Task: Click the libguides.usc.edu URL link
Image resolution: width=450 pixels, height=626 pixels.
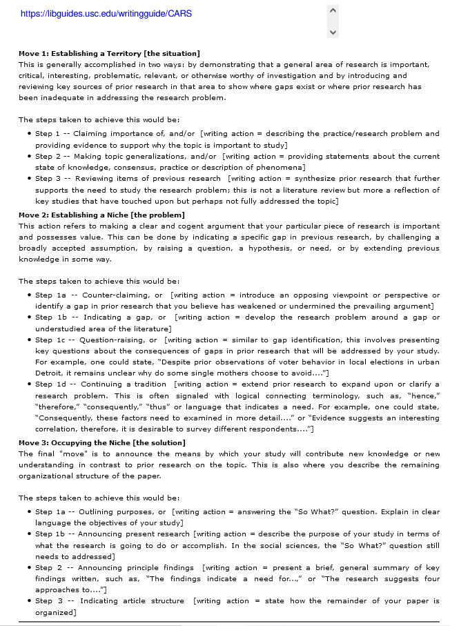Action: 106,13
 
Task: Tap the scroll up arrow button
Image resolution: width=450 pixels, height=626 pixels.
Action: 333,10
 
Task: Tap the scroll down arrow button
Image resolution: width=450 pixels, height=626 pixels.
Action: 333,32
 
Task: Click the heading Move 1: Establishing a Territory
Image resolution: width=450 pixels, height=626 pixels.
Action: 109,53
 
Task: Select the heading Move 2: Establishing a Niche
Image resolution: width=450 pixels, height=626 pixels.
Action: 101,215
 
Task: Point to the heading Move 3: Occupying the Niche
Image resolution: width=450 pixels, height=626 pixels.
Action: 101,442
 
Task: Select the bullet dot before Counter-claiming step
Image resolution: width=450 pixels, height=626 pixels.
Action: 28,295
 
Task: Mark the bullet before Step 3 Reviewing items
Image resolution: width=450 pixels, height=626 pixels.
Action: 28,179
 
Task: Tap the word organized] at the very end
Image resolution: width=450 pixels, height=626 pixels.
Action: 55,612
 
